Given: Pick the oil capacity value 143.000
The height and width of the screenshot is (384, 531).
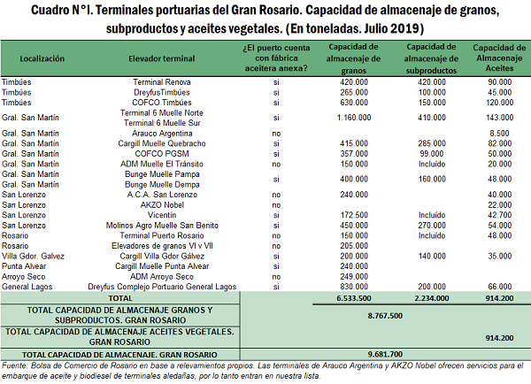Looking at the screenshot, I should [495, 118].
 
